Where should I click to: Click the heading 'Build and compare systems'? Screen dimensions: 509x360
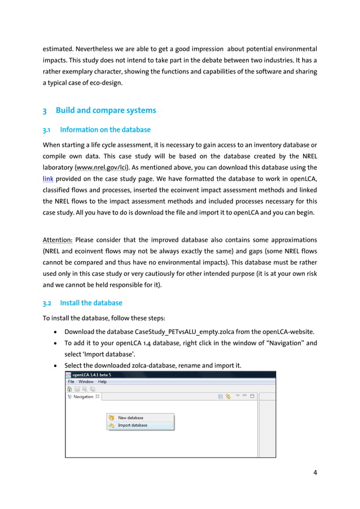click(106, 110)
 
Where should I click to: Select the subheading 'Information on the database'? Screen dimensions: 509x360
click(105, 130)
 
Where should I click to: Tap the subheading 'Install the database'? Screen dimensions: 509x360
click(91, 302)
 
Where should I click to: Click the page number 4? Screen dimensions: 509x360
click(315, 472)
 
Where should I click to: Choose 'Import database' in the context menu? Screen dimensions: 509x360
click(132, 425)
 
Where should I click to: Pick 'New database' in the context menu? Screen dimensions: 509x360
click(130, 418)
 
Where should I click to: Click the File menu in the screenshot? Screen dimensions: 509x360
click(71, 382)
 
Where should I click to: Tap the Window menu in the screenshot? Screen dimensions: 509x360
click(86, 382)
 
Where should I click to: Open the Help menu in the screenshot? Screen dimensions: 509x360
click(102, 382)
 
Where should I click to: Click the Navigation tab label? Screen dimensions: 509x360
click(84, 397)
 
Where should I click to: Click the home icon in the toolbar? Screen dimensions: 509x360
click(69, 389)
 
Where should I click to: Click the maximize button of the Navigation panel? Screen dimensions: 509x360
click(252, 397)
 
